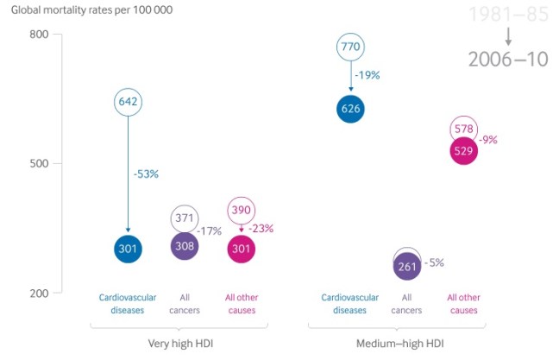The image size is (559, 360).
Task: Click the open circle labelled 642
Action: pyautogui.click(x=129, y=102)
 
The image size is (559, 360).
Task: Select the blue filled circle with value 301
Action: pyautogui.click(x=129, y=249)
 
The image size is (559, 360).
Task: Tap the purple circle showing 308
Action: pyautogui.click(x=185, y=246)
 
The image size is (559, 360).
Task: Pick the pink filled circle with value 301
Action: pyautogui.click(x=242, y=249)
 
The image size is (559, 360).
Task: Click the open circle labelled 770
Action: pyautogui.click(x=350, y=47)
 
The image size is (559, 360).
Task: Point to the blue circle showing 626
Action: pyautogui.click(x=350, y=109)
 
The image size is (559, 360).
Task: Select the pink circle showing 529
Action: pyautogui.click(x=463, y=152)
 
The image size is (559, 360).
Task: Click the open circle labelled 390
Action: pyautogui.click(x=242, y=211)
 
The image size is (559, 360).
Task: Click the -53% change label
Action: pyautogui.click(x=146, y=174)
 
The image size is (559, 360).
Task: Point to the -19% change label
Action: pyautogui.click(x=367, y=75)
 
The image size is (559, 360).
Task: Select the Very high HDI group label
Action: pyautogui.click(x=179, y=343)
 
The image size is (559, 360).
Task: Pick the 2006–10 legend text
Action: pyautogui.click(x=508, y=60)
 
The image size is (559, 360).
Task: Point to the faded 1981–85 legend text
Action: pyautogui.click(x=508, y=15)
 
